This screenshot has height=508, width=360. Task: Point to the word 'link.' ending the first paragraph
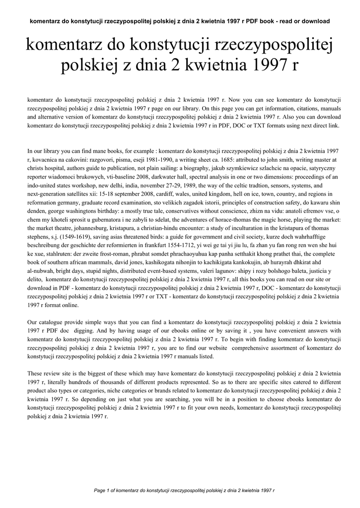click(332, 126)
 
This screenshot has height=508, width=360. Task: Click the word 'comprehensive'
click(252, 348)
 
